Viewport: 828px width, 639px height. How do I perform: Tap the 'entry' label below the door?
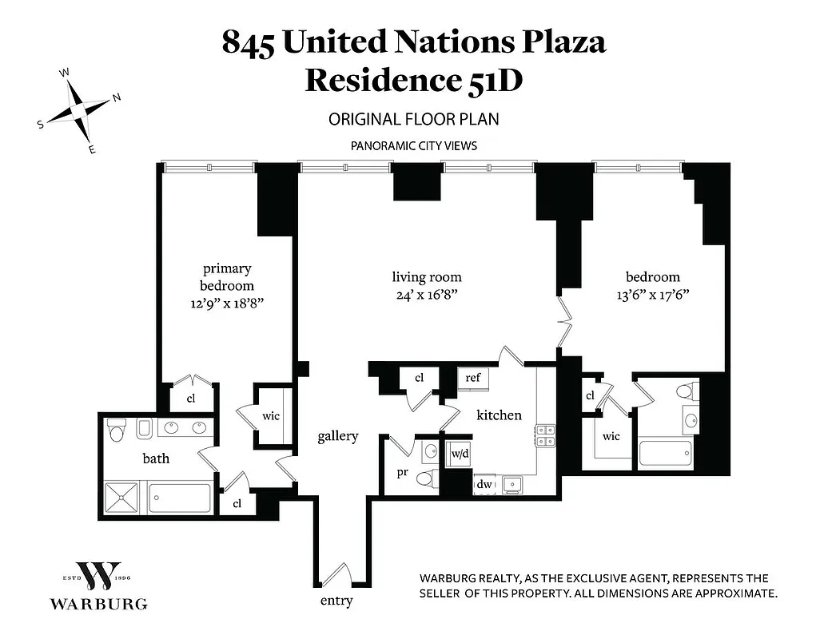[x=336, y=601]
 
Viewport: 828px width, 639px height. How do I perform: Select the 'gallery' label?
[x=337, y=436]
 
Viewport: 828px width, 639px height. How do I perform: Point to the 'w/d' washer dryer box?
[x=460, y=454]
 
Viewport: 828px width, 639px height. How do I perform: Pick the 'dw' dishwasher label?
[x=484, y=484]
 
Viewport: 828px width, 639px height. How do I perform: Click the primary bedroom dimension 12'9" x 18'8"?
[x=227, y=302]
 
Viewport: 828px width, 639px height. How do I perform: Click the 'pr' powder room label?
[x=403, y=472]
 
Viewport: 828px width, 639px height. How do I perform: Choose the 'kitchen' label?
[x=499, y=415]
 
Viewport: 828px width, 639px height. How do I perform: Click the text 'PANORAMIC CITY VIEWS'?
[x=413, y=146]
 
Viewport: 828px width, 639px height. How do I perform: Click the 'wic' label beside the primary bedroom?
[x=271, y=416]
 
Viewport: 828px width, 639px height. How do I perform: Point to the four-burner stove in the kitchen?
[x=546, y=435]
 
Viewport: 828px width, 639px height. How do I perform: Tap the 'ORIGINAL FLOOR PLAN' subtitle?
[x=413, y=120]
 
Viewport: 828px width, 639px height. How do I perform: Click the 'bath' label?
[x=156, y=458]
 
